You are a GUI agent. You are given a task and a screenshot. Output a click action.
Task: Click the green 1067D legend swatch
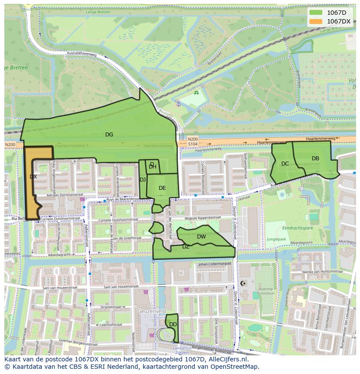coord(316,13)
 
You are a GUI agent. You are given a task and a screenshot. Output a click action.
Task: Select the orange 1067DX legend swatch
coord(316,21)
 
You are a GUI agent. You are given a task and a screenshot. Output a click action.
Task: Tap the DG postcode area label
coord(109,135)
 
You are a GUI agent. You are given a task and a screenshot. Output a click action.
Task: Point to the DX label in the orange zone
coord(33,177)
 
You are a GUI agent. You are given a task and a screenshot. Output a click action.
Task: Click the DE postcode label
coord(162,188)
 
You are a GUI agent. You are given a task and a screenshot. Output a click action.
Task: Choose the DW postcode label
coord(201,237)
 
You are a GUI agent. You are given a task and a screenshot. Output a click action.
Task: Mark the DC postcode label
coord(285,164)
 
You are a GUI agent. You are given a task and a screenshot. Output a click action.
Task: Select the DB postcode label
coord(316,159)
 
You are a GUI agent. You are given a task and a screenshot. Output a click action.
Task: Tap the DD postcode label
coord(173,324)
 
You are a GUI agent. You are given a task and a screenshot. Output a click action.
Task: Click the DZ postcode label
coord(186,247)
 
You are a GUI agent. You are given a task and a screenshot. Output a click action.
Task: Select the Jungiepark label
coord(276,239)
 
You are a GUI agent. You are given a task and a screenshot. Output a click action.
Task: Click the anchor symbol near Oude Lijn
coord(178,103)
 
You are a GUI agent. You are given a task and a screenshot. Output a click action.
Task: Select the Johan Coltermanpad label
coord(214,264)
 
